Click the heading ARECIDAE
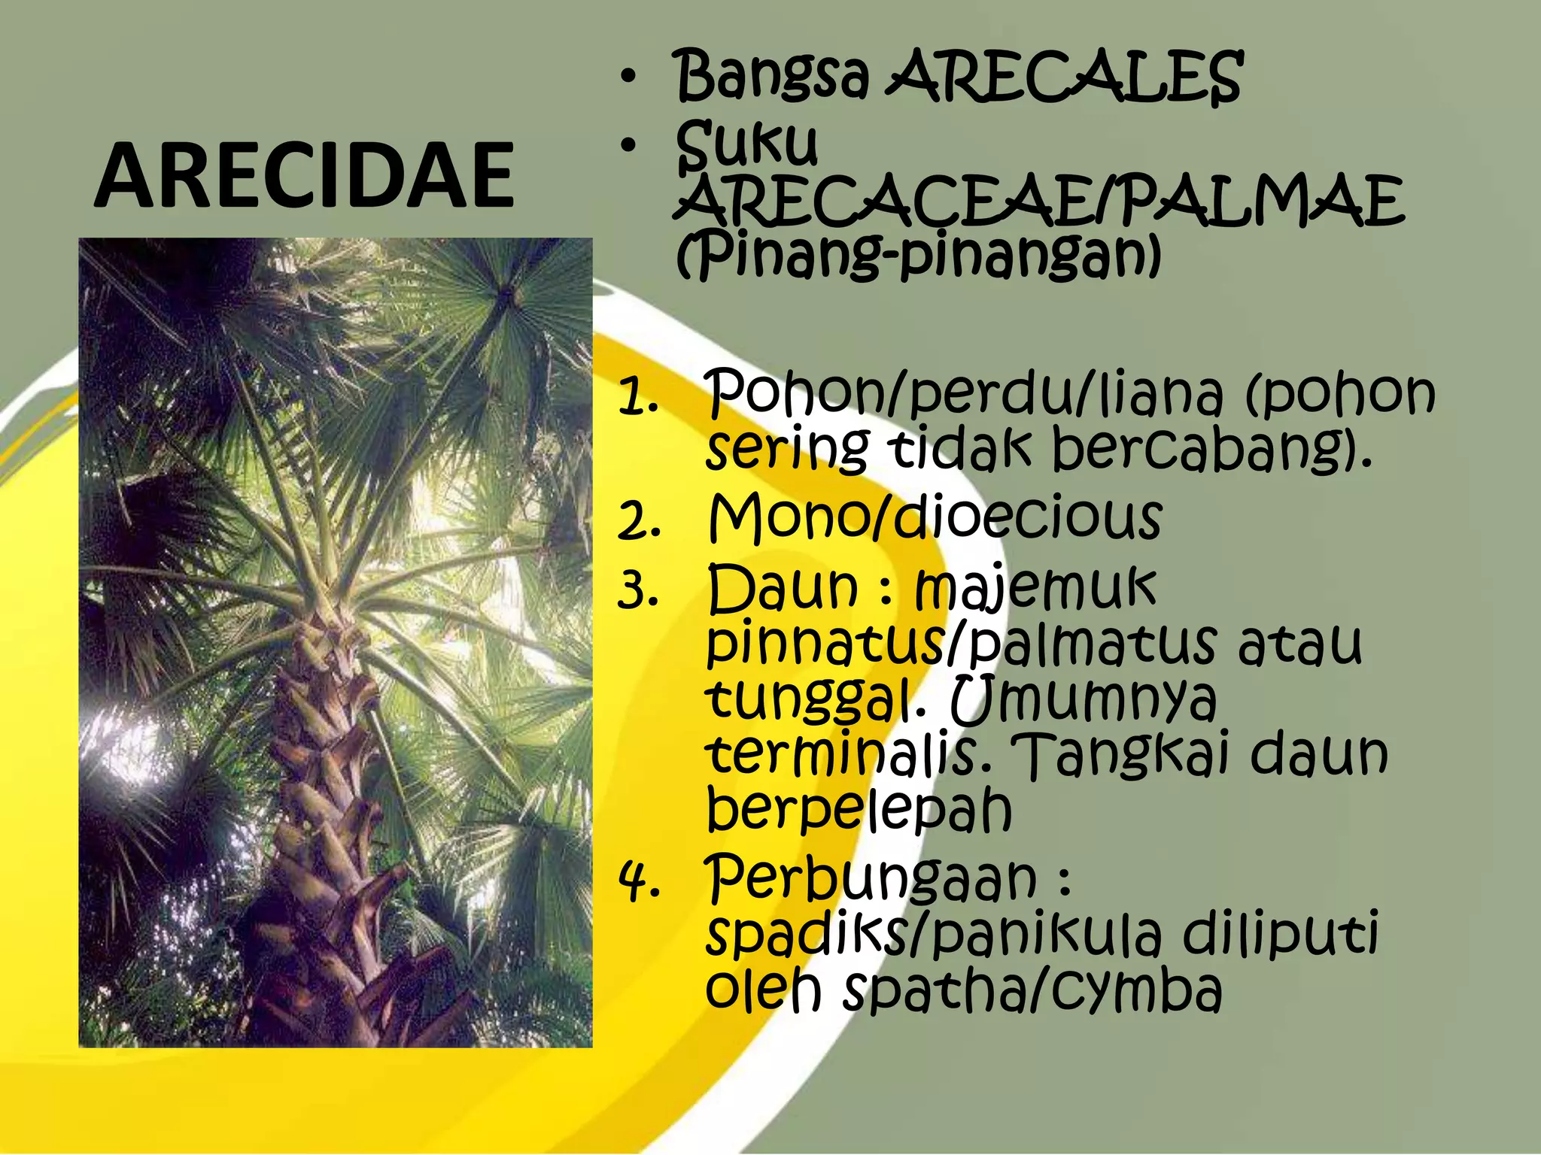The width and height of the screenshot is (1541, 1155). point(304,176)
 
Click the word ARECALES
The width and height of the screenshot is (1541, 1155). point(1064,77)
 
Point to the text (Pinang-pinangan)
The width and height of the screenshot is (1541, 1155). point(918,257)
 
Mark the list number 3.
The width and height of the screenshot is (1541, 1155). point(639,591)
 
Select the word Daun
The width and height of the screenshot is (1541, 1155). point(783,588)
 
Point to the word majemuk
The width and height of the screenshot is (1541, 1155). point(1035,588)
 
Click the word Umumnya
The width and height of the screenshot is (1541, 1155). point(1084,699)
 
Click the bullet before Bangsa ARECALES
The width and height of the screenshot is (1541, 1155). point(629,77)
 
